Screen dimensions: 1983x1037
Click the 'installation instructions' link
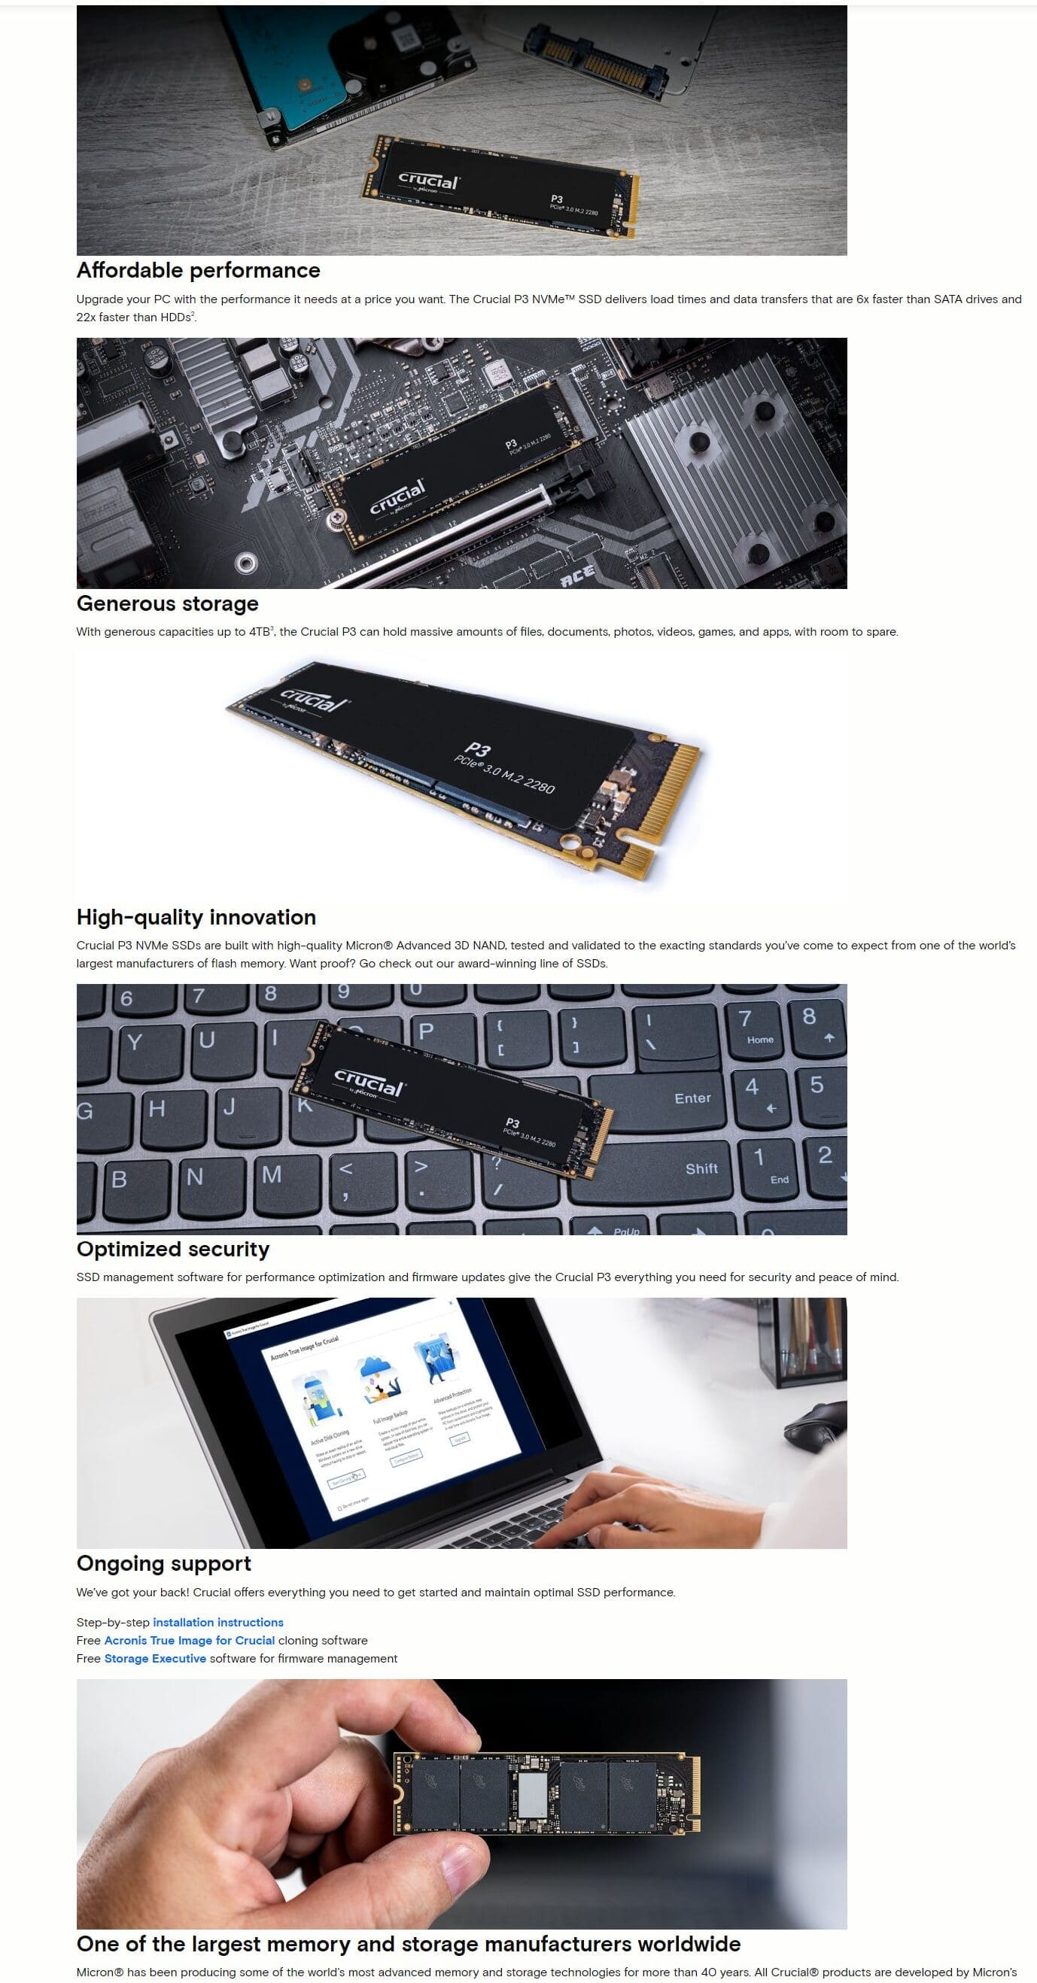(x=218, y=1622)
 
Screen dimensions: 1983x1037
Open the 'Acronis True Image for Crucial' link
(x=190, y=1641)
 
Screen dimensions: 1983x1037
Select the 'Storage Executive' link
(x=155, y=1658)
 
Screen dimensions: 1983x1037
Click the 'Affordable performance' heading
(x=198, y=270)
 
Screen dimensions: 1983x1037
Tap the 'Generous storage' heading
(x=167, y=603)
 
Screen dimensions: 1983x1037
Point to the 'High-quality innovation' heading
(x=196, y=917)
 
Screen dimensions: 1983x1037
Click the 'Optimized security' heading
(x=172, y=1249)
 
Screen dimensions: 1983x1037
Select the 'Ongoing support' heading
(x=163, y=1563)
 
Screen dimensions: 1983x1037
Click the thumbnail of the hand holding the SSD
(x=461, y=1803)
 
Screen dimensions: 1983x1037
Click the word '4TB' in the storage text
(x=260, y=632)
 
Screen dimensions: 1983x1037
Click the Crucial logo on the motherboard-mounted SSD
(x=397, y=497)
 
